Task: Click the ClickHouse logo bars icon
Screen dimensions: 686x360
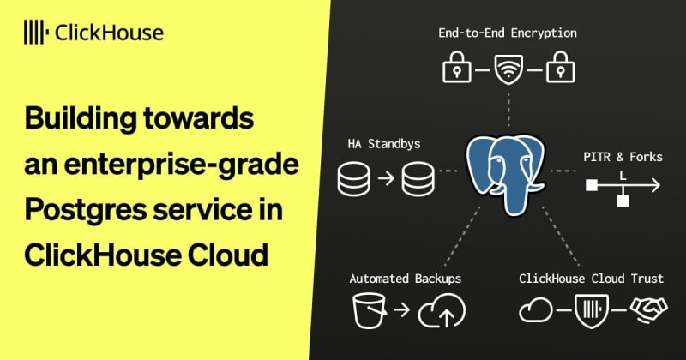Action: click(x=34, y=32)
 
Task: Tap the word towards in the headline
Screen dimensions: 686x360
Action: click(x=198, y=118)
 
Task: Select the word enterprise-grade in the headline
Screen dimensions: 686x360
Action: click(x=182, y=165)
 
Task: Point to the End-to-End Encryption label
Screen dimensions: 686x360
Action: click(x=508, y=33)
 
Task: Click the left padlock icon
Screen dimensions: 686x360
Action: click(x=457, y=67)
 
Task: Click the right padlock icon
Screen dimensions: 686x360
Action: click(x=561, y=67)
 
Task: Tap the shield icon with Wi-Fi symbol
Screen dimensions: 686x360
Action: click(x=508, y=69)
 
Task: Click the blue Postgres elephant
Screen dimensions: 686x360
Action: click(x=505, y=174)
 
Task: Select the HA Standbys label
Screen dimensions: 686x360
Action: click(x=383, y=144)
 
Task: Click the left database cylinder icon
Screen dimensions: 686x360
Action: click(x=354, y=178)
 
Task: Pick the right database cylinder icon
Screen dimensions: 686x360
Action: click(x=418, y=178)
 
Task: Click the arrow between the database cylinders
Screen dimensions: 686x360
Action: click(x=387, y=178)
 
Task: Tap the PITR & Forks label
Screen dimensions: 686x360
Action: click(x=623, y=157)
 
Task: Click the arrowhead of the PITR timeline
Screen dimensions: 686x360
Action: click(x=655, y=185)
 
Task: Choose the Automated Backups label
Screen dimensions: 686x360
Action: click(x=405, y=279)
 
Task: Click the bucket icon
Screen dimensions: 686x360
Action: click(x=370, y=310)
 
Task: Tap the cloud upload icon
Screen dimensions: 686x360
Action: click(x=442, y=311)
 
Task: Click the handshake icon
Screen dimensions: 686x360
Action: click(x=649, y=309)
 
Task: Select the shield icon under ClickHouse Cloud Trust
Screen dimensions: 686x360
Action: click(x=591, y=310)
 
